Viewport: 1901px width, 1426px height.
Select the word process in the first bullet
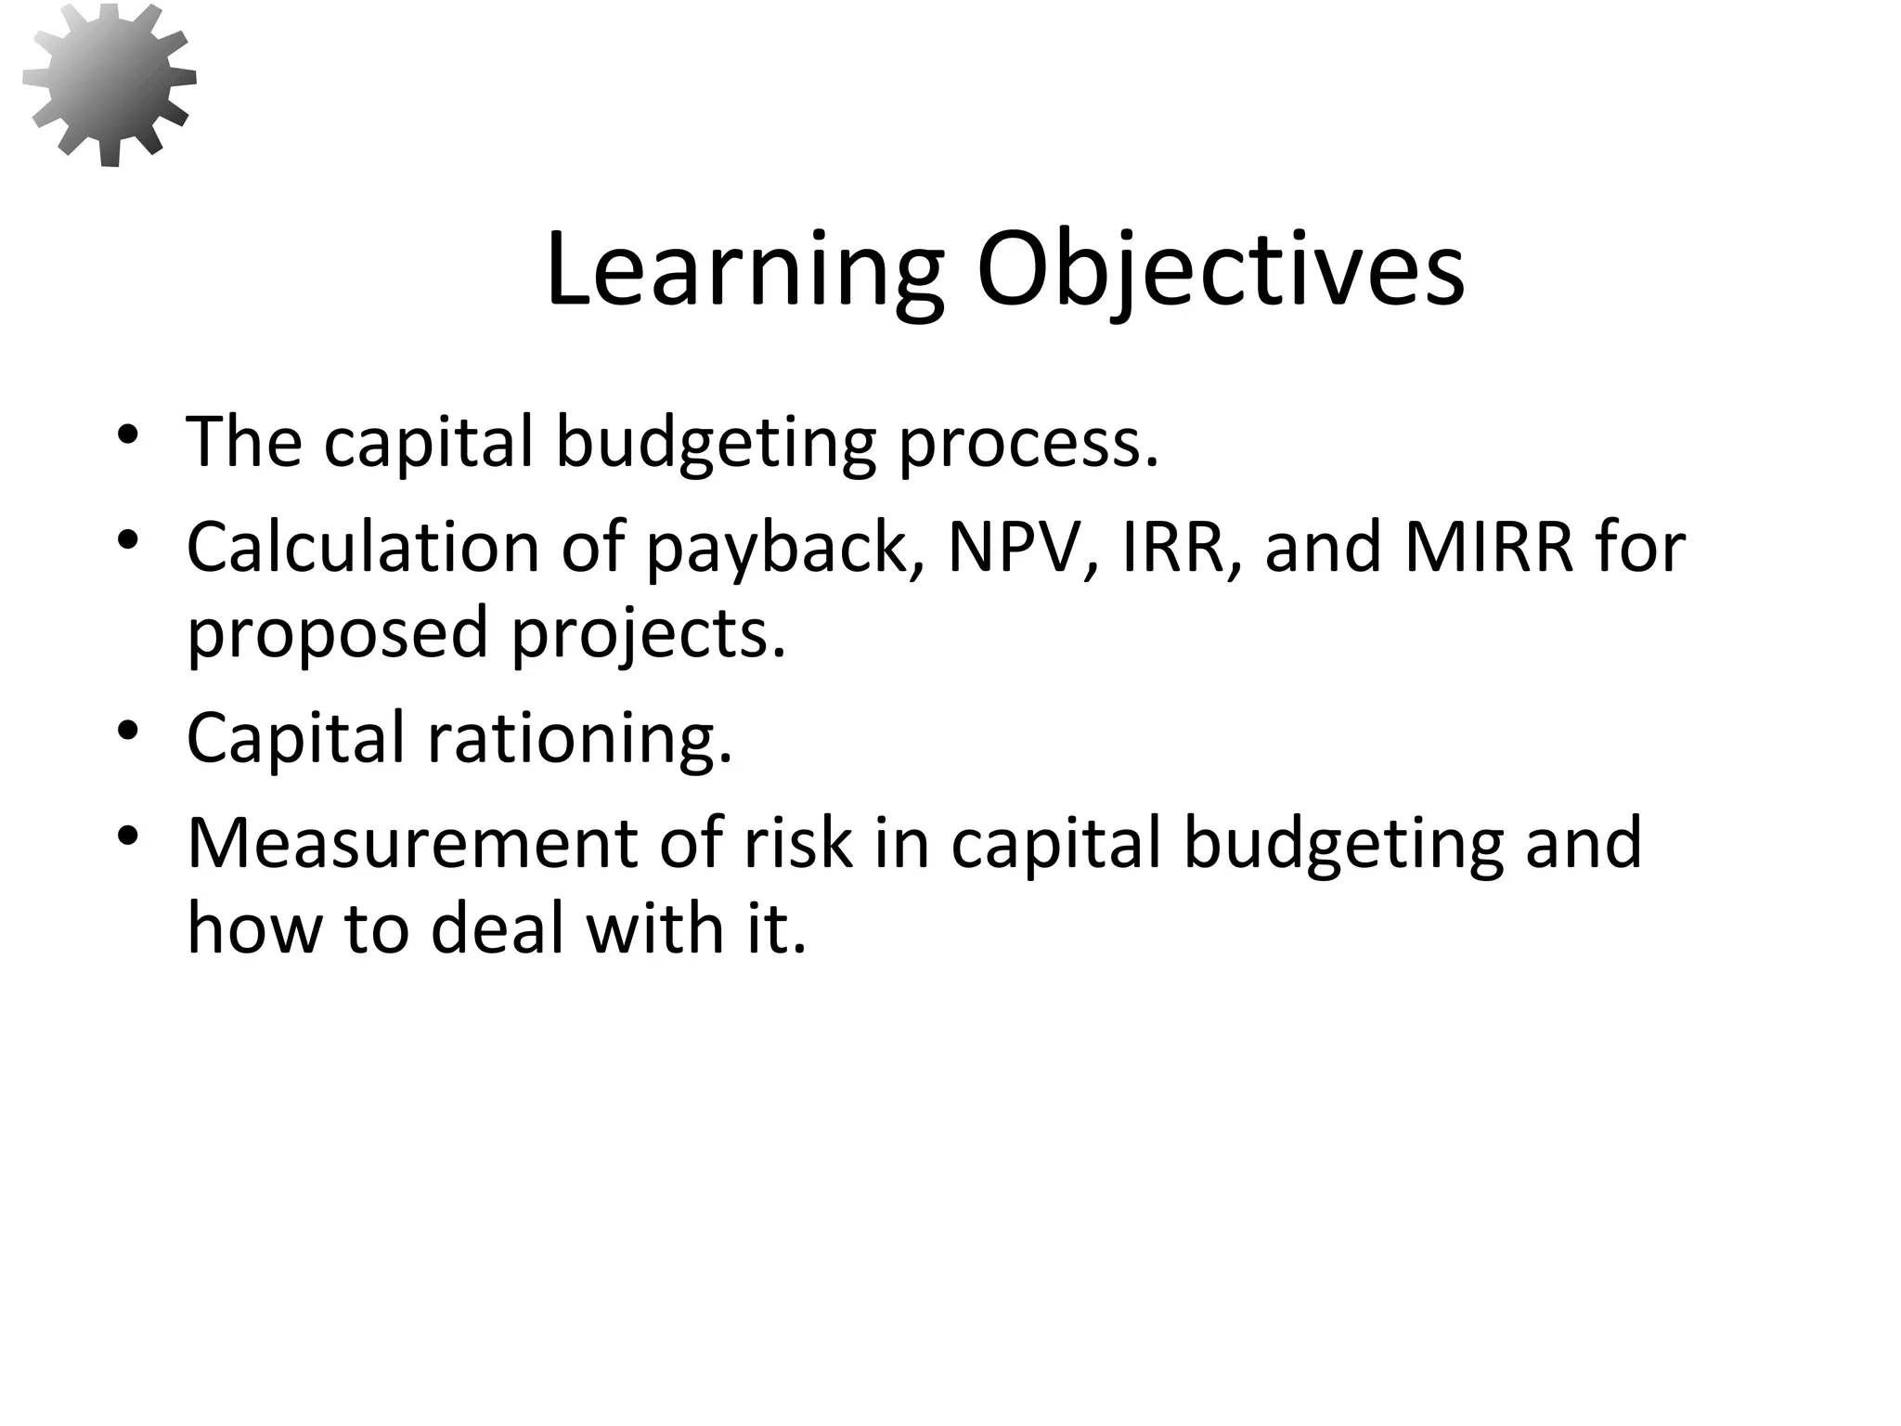tap(1028, 444)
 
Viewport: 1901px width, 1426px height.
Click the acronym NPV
tap(1022, 547)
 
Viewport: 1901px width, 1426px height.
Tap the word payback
tap(776, 550)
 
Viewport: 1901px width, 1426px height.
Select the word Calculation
tap(363, 547)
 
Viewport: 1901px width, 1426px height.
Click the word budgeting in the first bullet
tap(715, 444)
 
